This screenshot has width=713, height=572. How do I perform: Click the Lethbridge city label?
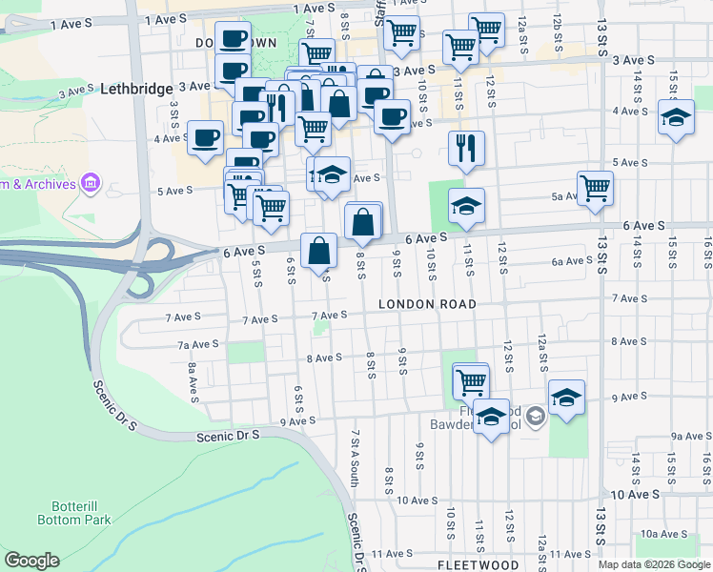(134, 85)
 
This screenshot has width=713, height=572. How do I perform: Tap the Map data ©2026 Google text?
(653, 564)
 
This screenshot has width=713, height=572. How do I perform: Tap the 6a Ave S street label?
(573, 261)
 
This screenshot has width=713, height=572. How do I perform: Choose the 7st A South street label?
(354, 458)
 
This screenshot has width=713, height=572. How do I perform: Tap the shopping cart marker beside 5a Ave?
(595, 187)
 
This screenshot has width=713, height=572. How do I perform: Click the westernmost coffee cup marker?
(205, 137)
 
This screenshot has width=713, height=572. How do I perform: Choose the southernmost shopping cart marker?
(471, 380)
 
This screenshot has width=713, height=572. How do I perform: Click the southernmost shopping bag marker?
(319, 251)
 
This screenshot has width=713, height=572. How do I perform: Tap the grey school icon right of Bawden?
(536, 414)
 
